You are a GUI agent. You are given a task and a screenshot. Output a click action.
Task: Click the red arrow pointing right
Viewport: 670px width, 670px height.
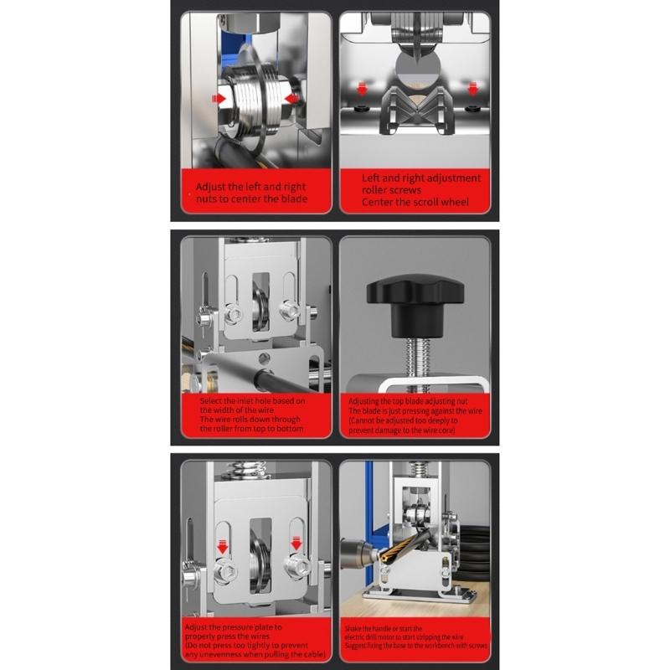click(x=219, y=99)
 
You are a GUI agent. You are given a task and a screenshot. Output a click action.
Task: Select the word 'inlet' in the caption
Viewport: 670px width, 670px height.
click(x=241, y=401)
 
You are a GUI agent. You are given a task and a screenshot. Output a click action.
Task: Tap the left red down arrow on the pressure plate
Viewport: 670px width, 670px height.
click(x=224, y=547)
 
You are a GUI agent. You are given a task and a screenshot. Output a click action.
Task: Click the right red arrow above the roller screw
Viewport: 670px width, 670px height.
click(x=474, y=88)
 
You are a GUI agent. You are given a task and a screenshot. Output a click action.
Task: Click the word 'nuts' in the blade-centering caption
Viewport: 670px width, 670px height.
click(x=206, y=199)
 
